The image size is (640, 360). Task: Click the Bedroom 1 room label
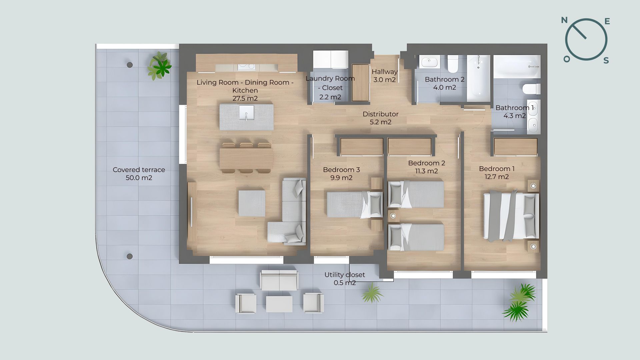tap(497, 169)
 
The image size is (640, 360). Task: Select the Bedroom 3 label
tap(341, 170)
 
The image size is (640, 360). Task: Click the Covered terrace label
tap(139, 170)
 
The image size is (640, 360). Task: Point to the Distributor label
tap(381, 114)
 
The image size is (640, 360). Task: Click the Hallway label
tap(385, 72)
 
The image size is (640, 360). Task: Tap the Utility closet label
tap(345, 275)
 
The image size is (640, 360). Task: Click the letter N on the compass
tap(564, 20)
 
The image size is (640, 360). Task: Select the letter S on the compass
tap(606, 60)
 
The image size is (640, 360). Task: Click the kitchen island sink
tap(246, 112)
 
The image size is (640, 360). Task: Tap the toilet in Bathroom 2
tap(453, 64)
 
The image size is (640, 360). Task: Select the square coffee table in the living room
tap(252, 203)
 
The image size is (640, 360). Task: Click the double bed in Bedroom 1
tap(511, 215)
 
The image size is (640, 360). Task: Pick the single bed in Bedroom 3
tap(355, 204)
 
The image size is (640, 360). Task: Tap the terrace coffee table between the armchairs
tap(279, 304)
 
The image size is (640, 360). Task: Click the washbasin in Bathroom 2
tap(429, 62)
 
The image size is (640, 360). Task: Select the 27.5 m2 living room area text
tap(245, 98)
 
